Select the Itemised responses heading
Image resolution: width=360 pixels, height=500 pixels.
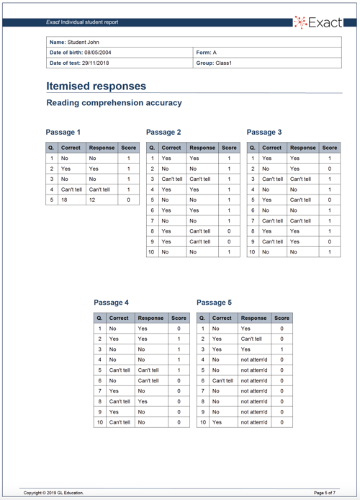96,86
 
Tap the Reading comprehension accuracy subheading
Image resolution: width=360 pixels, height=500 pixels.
114,103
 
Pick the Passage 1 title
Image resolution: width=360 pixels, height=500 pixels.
63,133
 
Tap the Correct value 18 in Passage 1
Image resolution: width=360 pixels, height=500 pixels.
64,200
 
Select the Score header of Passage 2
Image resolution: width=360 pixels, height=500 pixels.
228,148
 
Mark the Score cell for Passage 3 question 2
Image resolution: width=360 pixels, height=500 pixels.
329,169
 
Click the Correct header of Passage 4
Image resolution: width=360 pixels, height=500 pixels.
119,317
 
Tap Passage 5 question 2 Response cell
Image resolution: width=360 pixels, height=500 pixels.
251,338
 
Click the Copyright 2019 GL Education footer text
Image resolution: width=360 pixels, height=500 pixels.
53,492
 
